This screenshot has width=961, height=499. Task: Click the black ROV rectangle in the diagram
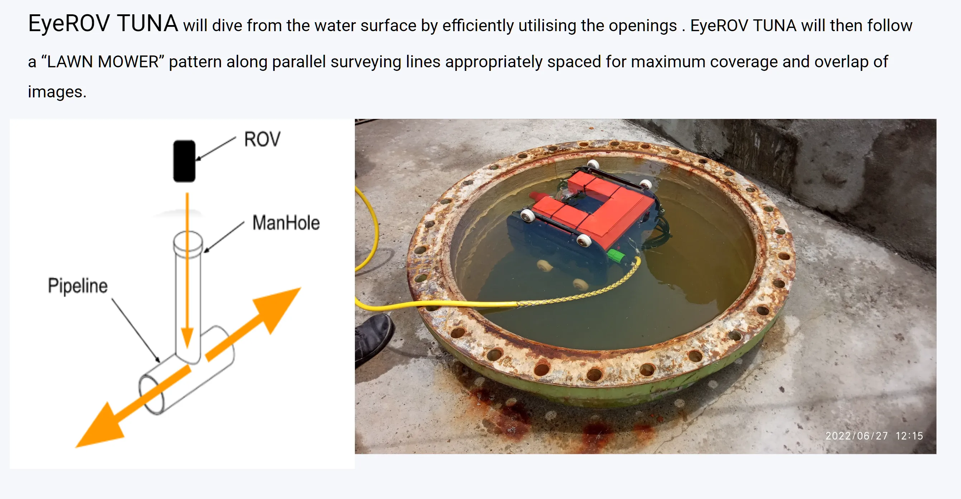184,161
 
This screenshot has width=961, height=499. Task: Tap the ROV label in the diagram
262,140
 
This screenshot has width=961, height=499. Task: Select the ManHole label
286,223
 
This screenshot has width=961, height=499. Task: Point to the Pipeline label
78,286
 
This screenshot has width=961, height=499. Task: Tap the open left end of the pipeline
151,395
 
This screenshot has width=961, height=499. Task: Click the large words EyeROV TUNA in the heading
103,24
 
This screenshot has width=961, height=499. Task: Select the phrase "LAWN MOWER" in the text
103,62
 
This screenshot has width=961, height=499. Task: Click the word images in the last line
57,92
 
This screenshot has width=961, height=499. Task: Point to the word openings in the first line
643,26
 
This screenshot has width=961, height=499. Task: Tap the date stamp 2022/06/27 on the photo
856,436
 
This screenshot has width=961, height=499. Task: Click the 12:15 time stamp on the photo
909,436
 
